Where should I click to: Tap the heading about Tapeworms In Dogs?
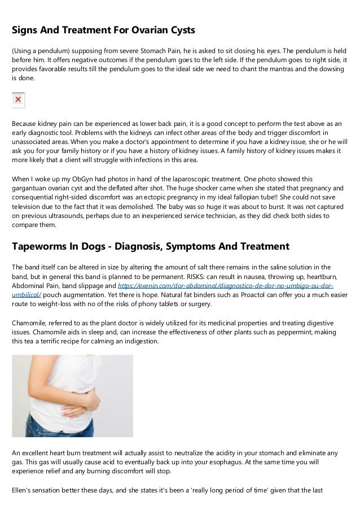point(151,246)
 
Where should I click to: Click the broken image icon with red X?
point(18,100)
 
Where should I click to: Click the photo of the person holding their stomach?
point(72,395)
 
